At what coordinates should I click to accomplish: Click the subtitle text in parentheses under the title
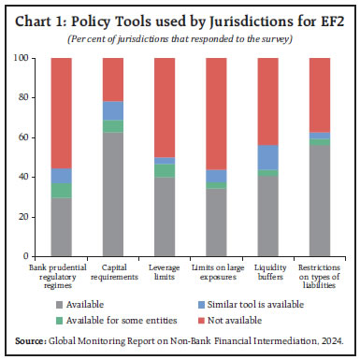point(180,37)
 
